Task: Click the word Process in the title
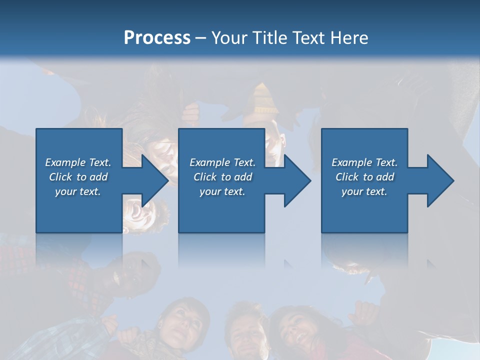point(157,37)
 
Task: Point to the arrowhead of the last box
point(439,180)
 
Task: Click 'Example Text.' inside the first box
point(78,162)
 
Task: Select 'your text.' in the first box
point(78,191)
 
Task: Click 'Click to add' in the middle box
point(222,177)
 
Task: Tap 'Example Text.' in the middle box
point(222,162)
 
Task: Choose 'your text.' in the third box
point(364,191)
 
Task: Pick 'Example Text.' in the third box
point(364,162)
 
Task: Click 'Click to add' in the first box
point(78,177)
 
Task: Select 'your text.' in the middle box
point(222,191)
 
